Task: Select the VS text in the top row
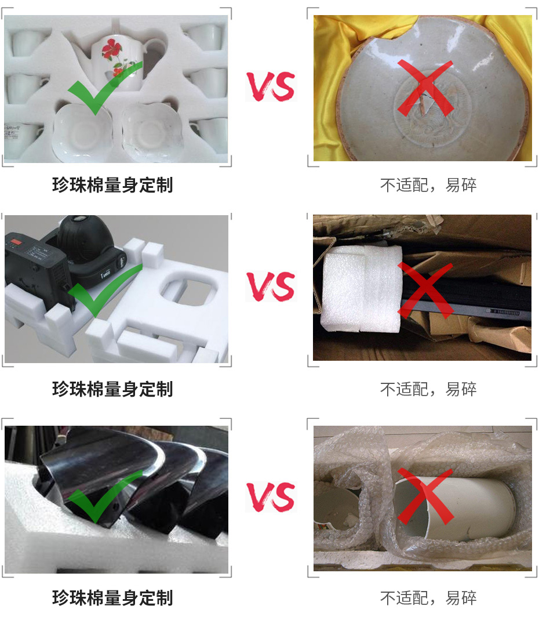270,86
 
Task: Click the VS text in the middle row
270,287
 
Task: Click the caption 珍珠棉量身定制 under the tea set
112,186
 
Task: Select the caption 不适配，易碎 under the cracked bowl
428,186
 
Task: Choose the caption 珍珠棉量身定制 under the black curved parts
112,598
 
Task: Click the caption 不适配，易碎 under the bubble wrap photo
428,598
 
